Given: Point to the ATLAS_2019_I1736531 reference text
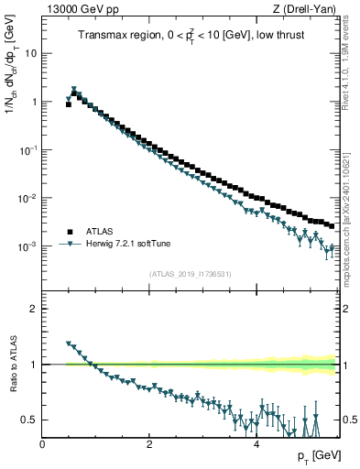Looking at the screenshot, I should [x=190, y=274].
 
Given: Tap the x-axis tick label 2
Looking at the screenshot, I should [x=149, y=444].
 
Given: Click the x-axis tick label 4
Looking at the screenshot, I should [x=256, y=444].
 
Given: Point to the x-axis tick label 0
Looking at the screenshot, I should [x=43, y=444].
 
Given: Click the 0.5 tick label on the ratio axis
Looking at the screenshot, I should [x=29, y=420].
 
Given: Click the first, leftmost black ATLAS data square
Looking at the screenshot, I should [x=69, y=104].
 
